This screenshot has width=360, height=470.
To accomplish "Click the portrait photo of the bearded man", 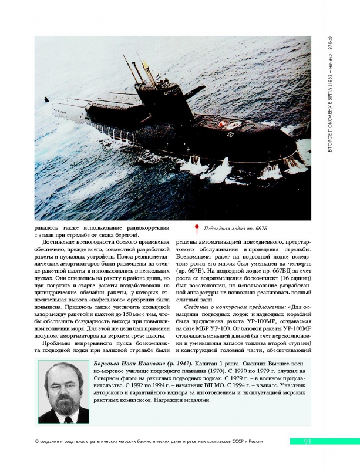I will pyautogui.click(x=63, y=391).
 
